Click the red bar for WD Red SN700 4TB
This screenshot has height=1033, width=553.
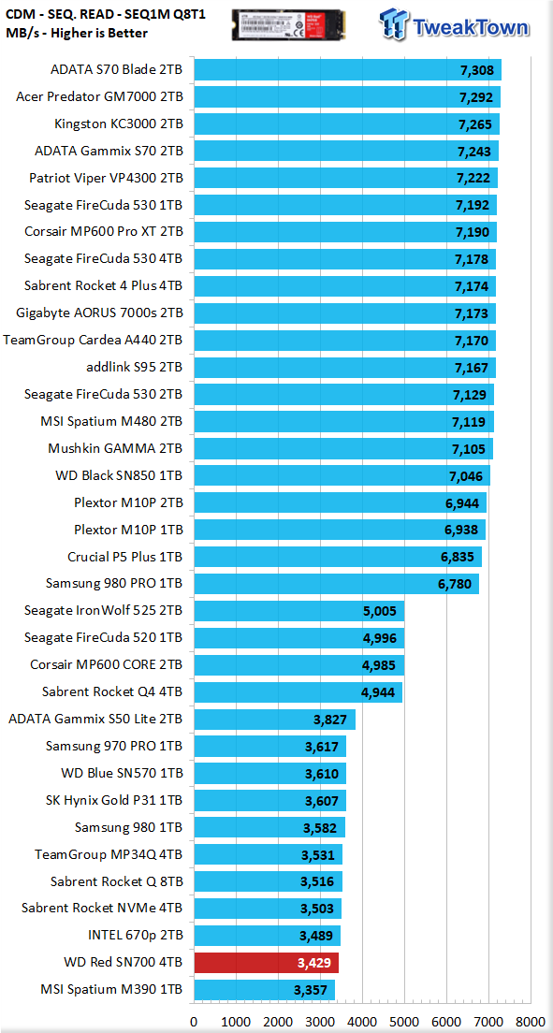[267, 963]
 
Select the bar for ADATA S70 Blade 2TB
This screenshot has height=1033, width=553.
[347, 69]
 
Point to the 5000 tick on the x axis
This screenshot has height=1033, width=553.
[404, 1021]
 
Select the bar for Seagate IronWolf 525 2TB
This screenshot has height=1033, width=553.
[298, 611]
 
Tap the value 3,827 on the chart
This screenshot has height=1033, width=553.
[328, 720]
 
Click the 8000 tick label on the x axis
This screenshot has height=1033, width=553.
[531, 1021]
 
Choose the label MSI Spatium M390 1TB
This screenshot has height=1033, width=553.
[111, 990]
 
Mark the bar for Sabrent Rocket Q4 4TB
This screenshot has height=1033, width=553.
[298, 692]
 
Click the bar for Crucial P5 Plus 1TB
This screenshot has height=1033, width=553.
[338, 557]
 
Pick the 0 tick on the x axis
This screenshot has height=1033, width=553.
[194, 1021]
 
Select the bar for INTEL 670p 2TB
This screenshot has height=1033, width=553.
[267, 936]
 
